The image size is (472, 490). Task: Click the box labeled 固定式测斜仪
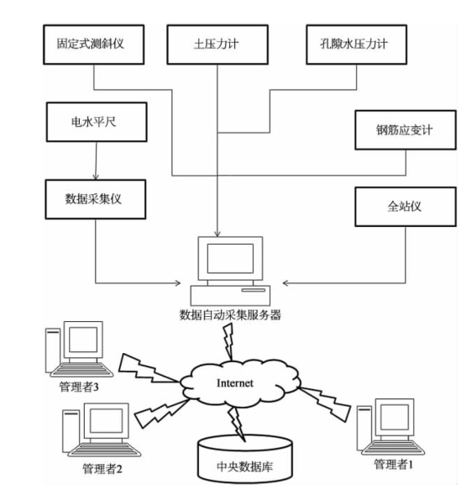(x=94, y=45)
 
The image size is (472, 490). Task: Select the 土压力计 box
(x=218, y=45)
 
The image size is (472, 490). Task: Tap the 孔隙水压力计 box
(x=356, y=45)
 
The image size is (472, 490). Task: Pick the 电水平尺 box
(x=97, y=122)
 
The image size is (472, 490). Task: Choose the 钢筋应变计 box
(x=406, y=130)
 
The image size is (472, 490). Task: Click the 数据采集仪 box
(x=96, y=199)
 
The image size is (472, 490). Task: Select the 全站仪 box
(x=406, y=207)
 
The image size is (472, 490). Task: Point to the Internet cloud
(x=240, y=383)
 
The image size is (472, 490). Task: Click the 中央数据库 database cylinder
(x=245, y=460)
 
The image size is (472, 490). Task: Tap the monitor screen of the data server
(x=230, y=258)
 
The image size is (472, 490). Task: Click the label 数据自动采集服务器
(x=230, y=315)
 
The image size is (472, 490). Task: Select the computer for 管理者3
(x=79, y=349)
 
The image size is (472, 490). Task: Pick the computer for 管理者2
(x=101, y=430)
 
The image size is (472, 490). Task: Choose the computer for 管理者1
(x=391, y=426)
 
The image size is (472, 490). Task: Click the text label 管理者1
(x=394, y=464)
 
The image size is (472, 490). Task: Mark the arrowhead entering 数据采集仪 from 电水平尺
(x=96, y=177)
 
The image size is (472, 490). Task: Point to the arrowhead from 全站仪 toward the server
(x=286, y=283)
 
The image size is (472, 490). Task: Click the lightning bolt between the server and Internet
(x=229, y=342)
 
